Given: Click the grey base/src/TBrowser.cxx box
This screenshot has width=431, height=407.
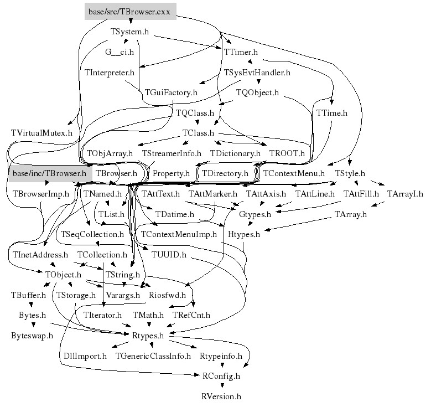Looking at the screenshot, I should click(130, 11).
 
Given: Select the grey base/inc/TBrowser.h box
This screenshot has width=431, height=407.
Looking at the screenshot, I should click(49, 173).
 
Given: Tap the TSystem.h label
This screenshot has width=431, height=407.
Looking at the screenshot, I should click(129, 32).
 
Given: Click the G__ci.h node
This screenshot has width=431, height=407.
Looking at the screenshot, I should click(120, 52).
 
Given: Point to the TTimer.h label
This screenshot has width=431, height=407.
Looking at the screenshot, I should click(241, 52).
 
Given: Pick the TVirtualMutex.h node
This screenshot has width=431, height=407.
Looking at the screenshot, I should click(41, 133).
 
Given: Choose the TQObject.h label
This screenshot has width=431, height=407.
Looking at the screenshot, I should click(257, 92).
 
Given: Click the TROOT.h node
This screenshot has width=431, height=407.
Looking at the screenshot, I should click(287, 153).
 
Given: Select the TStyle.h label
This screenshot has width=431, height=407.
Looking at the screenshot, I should click(350, 173).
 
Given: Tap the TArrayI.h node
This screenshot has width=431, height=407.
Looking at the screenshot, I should click(404, 194).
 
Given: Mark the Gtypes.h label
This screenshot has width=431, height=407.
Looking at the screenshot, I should click(255, 214).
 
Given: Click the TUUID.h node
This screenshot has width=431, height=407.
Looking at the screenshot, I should click(169, 255).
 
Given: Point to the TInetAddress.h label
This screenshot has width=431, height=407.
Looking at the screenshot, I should click(39, 255).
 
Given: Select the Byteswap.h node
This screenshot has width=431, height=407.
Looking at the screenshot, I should click(32, 336).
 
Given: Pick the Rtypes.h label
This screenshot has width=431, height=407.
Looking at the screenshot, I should click(148, 336).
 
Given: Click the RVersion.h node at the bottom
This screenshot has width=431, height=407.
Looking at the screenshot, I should click(221, 396).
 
